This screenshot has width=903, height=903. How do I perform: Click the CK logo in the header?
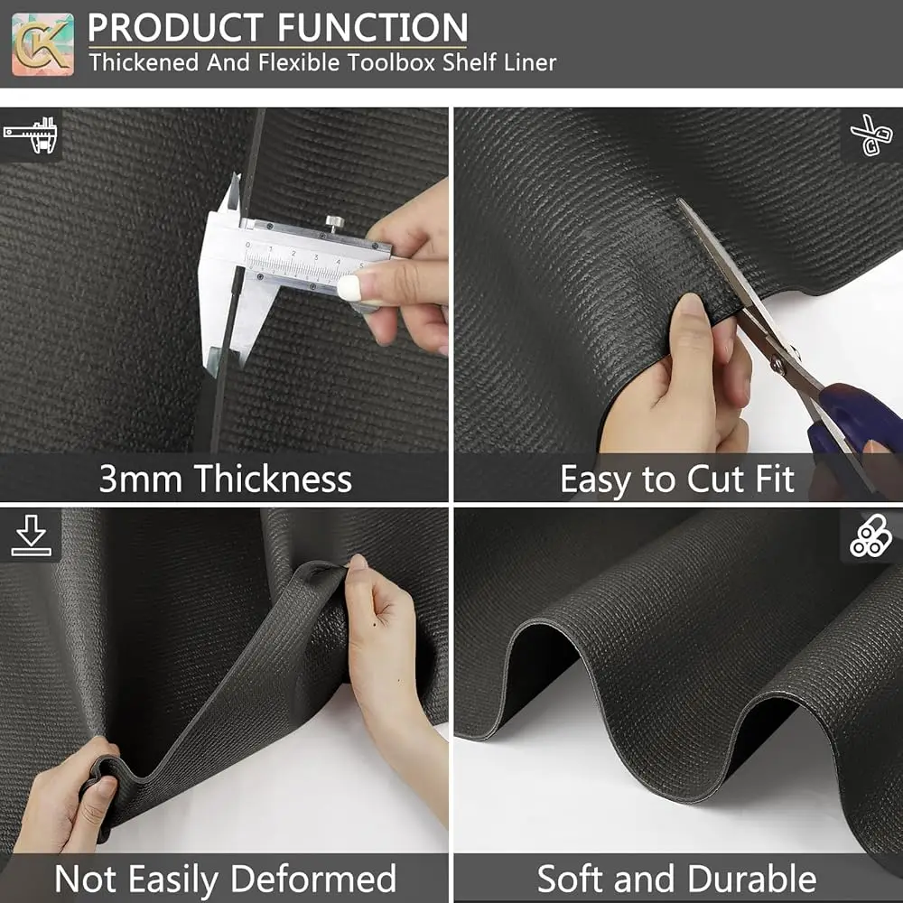tap(42, 43)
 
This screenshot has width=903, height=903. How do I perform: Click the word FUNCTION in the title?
tap(373, 27)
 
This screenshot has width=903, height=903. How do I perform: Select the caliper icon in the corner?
tap(30, 135)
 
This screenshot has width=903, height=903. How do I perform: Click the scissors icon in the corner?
tap(870, 135)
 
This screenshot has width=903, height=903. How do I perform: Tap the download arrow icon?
tap(31, 535)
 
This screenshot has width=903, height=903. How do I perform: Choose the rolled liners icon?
tap(870, 536)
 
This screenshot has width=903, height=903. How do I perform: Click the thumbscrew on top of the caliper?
tap(335, 222)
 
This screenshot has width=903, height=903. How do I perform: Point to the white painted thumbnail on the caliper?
tap(349, 287)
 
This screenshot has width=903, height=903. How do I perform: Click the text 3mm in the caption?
tap(141, 479)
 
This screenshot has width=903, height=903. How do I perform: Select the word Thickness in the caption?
tap(273, 479)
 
